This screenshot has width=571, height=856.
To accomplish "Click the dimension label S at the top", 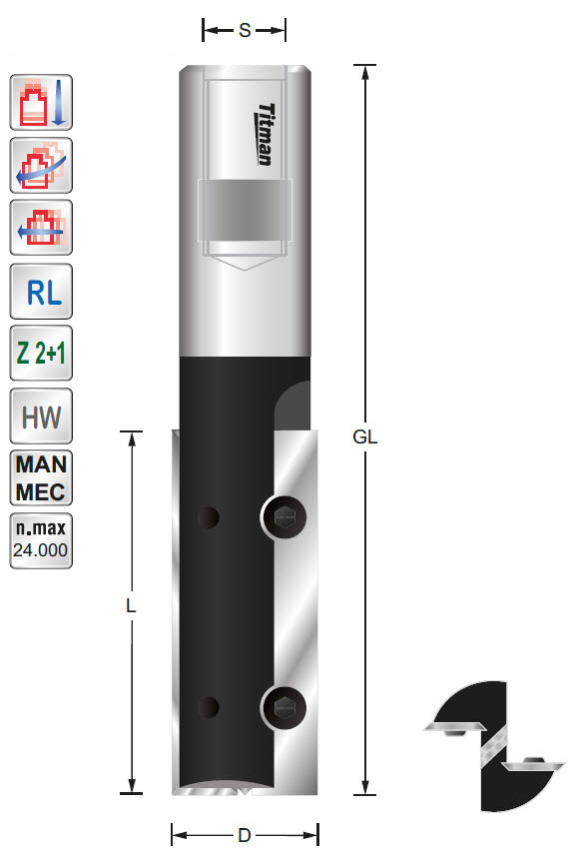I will (245, 31).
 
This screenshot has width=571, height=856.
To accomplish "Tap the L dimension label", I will (131, 606).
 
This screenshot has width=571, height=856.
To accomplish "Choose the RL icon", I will (41, 291).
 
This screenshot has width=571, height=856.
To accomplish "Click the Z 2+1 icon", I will (41, 354).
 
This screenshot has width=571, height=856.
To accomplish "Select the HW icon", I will (41, 416).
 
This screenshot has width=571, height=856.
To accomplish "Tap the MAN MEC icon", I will (41, 478).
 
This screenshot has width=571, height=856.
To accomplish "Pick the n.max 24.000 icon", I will (41, 540).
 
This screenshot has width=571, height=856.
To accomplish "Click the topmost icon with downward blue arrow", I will (41, 101).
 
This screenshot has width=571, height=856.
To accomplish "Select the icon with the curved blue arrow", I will (41, 164).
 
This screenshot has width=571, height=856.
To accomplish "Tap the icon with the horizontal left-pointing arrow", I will (41, 227).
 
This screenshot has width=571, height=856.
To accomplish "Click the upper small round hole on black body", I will (208, 517).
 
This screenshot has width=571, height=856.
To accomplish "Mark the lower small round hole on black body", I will (208, 707).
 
